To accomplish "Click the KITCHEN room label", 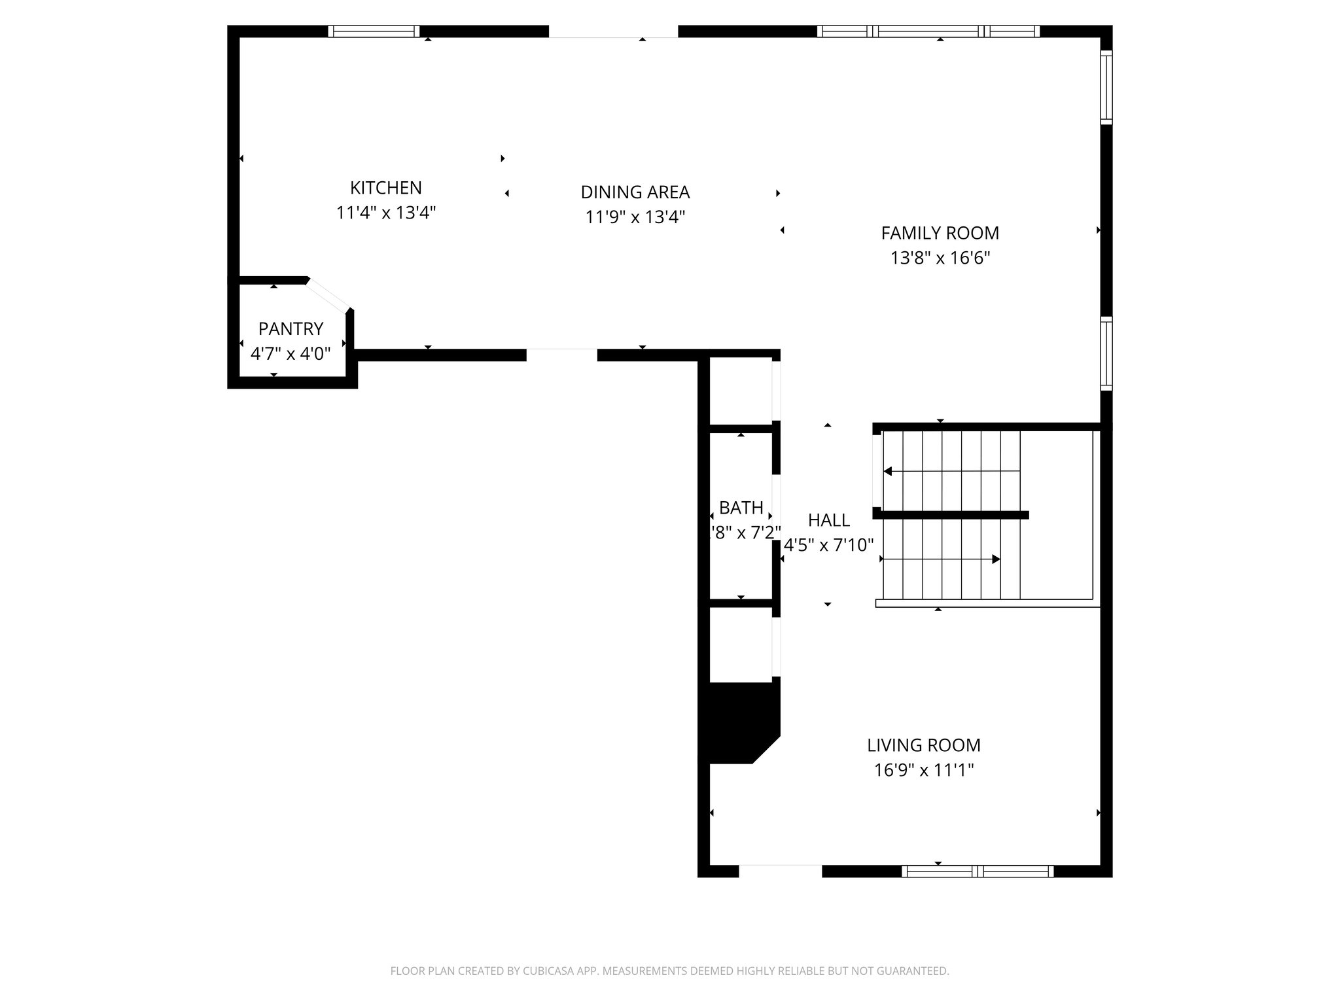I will click(x=385, y=188).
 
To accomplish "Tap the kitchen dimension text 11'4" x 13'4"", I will click(x=385, y=213).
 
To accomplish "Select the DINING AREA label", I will click(x=635, y=192).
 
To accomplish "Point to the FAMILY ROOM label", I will click(x=940, y=233).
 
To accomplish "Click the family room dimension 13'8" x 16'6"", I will click(x=940, y=258).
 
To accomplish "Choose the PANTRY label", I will click(x=291, y=328).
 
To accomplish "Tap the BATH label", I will click(x=741, y=508).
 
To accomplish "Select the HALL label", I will click(x=828, y=520).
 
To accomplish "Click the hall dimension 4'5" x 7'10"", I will click(x=828, y=545).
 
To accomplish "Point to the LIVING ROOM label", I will click(x=923, y=745).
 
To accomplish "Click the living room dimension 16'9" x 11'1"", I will click(x=923, y=770).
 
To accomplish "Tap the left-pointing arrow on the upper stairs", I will click(x=889, y=471).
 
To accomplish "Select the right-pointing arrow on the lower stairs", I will click(x=995, y=559).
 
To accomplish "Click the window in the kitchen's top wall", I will click(x=373, y=31).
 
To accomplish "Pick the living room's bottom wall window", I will click(x=977, y=871).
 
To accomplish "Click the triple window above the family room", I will click(x=928, y=31).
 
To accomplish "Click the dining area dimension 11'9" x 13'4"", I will click(x=635, y=217).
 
